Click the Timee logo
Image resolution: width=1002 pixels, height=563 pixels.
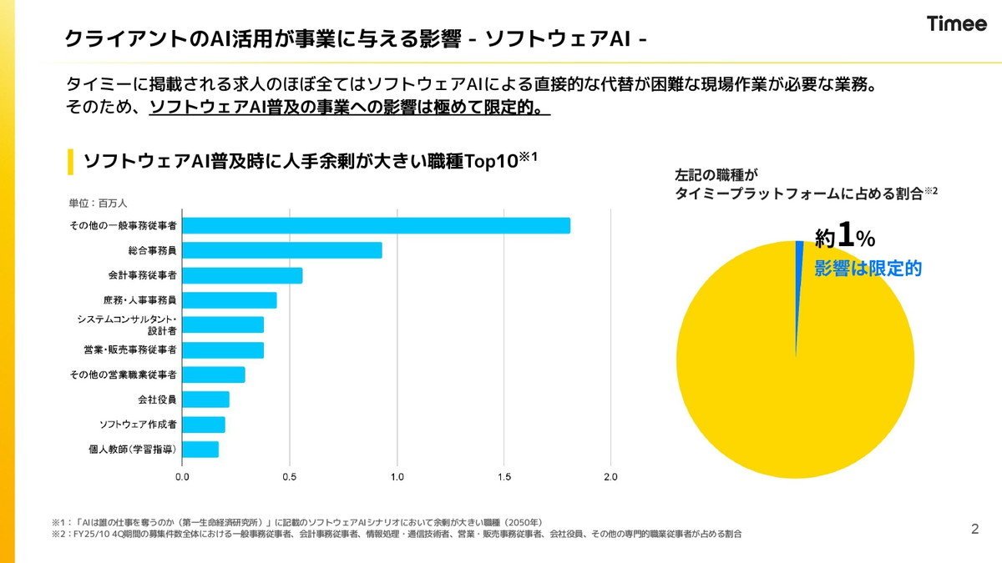click(x=956, y=23)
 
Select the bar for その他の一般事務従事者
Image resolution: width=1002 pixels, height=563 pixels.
click(x=377, y=226)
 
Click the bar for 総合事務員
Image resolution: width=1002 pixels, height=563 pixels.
click(x=282, y=250)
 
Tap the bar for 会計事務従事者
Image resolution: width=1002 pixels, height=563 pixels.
click(x=242, y=275)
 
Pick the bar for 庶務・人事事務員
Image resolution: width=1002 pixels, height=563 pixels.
click(x=230, y=300)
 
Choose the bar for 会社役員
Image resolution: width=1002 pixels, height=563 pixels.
click(x=205, y=400)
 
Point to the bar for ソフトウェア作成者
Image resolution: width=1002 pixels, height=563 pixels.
click(x=204, y=425)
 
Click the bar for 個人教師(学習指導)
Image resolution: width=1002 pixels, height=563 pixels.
click(x=200, y=450)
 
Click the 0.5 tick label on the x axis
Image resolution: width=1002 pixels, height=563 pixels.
click(x=290, y=477)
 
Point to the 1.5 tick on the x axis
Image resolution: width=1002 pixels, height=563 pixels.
click(x=504, y=477)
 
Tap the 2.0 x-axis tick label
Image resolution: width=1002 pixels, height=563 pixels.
click(x=610, y=477)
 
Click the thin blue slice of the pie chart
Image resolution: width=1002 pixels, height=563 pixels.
click(x=799, y=286)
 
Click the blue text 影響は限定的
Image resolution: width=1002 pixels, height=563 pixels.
click(x=868, y=268)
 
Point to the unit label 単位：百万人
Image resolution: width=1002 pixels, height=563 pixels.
click(x=98, y=204)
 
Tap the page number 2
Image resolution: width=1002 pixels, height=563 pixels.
click(x=975, y=529)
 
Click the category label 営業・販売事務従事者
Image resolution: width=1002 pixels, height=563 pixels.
click(x=130, y=349)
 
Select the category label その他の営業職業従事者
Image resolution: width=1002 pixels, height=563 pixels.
click(x=123, y=374)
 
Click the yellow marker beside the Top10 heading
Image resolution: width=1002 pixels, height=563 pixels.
click(x=70, y=162)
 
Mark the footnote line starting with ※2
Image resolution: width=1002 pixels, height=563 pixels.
click(x=397, y=534)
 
